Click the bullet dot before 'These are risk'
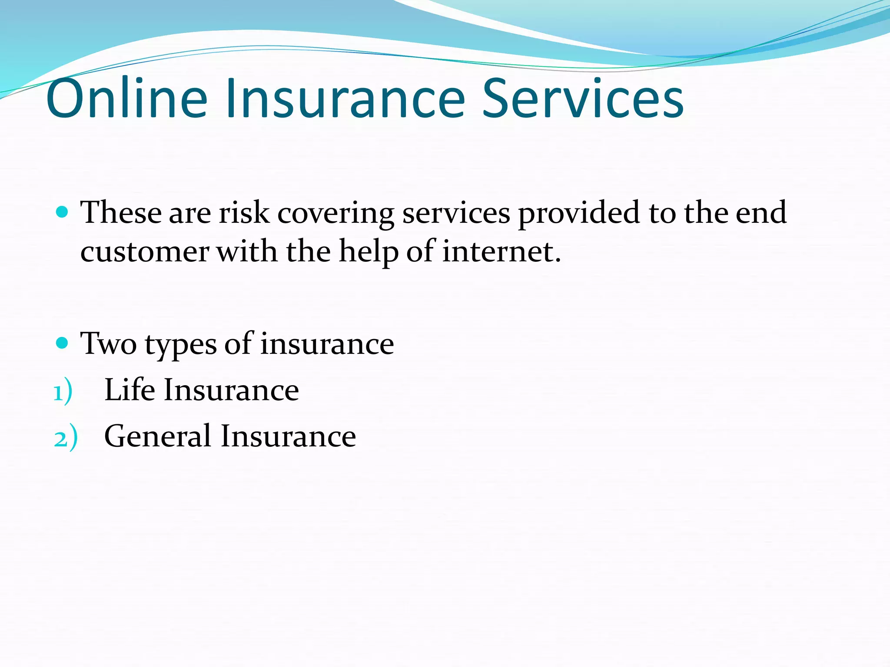[x=63, y=212]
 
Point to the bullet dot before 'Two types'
[x=63, y=343]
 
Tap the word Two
[x=109, y=343]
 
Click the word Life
[x=130, y=390]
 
